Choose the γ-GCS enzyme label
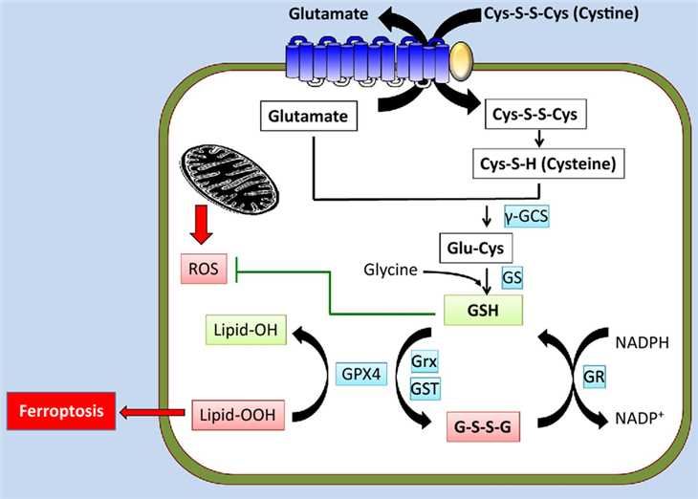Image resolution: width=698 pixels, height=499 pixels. (x=525, y=217)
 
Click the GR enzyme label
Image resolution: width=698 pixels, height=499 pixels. (x=594, y=377)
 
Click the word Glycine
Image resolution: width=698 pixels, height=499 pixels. (x=390, y=271)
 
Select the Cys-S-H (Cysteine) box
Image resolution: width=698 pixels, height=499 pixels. (x=546, y=164)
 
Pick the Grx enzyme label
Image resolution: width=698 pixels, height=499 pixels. (x=425, y=362)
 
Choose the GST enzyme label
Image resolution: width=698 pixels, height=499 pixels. (x=425, y=388)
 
